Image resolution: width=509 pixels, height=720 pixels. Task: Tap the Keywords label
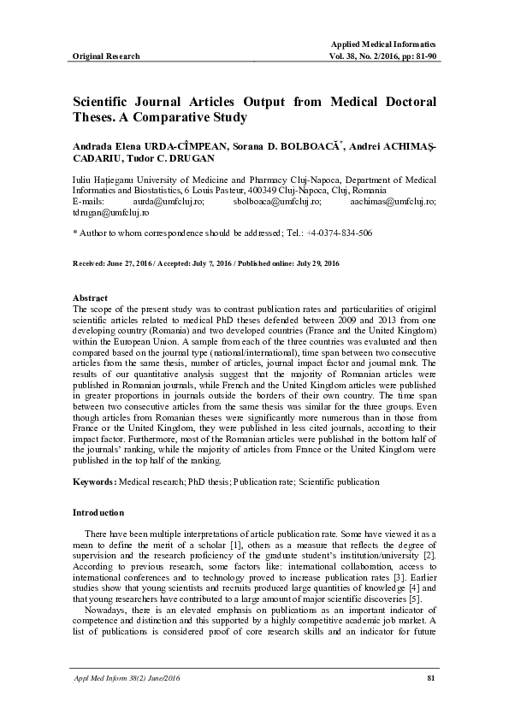[x=94, y=482]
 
